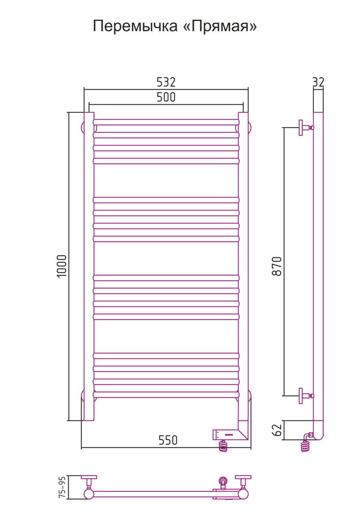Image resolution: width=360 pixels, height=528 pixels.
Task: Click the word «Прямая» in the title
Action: [220, 26]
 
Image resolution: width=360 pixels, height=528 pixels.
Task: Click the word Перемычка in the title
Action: [135, 26]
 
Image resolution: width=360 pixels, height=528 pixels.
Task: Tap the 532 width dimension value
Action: [166, 82]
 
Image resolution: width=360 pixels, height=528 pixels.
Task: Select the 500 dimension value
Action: [166, 97]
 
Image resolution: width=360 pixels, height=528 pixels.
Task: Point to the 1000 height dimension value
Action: [62, 266]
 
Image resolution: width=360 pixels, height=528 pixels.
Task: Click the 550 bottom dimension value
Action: [168, 440]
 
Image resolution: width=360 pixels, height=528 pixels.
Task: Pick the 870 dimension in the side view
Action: [277, 266]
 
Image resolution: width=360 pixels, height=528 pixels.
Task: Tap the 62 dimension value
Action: [277, 430]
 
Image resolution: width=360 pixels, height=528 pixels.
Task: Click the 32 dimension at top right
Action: [318, 82]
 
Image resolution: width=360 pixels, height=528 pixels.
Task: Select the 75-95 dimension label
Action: [62, 487]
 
